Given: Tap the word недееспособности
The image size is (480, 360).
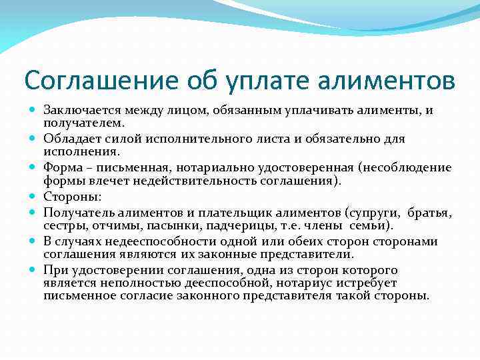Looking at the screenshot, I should click(x=151, y=241).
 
